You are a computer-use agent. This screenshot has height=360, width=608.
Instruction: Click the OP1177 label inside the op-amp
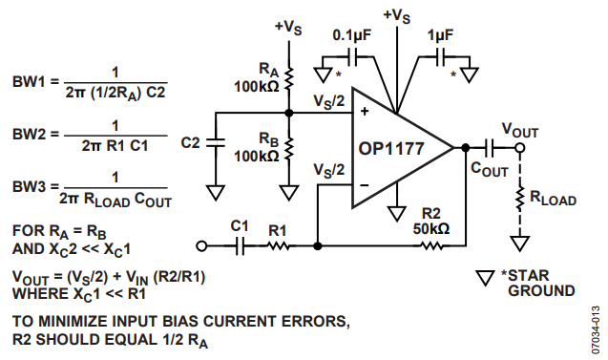(x=391, y=149)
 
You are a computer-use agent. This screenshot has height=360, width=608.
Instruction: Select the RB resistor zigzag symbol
(x=289, y=149)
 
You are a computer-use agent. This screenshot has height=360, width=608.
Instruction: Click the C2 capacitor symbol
(x=216, y=143)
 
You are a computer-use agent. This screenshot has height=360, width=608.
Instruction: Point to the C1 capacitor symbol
(x=240, y=246)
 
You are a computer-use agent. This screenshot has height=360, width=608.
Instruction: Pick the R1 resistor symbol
(x=278, y=246)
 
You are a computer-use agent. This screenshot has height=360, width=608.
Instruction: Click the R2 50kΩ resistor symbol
(x=431, y=246)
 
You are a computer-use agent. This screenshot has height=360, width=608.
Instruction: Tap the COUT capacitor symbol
(x=490, y=148)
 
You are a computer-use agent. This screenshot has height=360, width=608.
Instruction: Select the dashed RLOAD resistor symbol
(x=519, y=199)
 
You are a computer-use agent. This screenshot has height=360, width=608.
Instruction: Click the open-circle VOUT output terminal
(x=519, y=148)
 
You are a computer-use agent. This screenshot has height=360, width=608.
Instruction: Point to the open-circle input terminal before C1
(x=201, y=246)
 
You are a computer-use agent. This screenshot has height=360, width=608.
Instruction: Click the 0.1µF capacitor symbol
(x=353, y=56)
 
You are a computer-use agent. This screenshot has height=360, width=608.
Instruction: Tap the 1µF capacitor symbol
(x=441, y=56)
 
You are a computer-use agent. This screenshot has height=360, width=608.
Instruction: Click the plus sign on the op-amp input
(x=365, y=112)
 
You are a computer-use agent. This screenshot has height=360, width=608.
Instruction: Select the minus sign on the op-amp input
(x=365, y=185)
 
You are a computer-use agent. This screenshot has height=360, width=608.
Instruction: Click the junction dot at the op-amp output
(x=466, y=148)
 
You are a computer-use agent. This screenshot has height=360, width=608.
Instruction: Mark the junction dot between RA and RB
(x=289, y=113)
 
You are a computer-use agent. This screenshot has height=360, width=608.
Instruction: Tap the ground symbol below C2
(x=216, y=193)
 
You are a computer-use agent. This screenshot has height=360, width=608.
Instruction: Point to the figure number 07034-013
(x=596, y=330)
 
